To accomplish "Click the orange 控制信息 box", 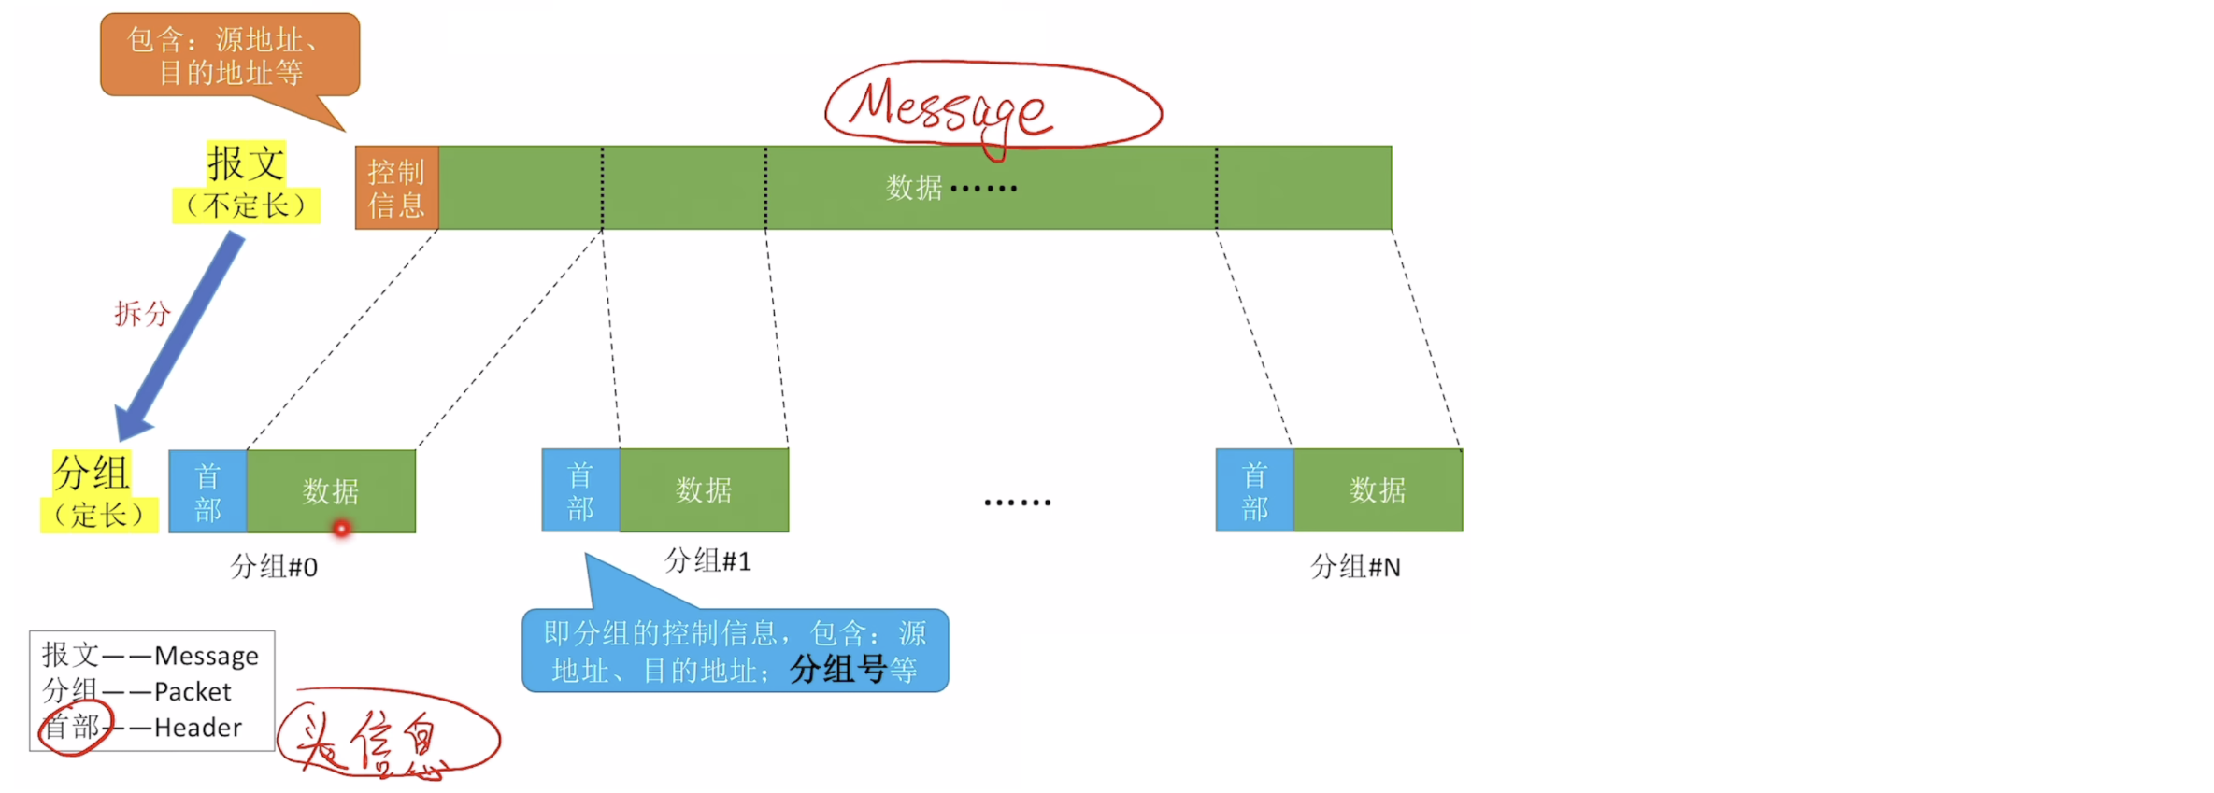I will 396,188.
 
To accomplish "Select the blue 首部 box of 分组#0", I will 207,491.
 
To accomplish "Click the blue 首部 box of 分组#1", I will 580,490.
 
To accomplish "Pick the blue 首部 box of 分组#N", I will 1254,490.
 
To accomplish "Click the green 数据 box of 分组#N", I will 1378,490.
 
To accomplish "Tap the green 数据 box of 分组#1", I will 704,490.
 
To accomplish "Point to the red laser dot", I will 342,529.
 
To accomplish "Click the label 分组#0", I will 274,567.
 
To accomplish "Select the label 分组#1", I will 707,561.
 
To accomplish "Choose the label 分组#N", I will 1355,567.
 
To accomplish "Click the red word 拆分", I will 142,314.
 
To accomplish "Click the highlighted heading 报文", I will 246,163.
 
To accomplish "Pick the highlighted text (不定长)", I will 246,205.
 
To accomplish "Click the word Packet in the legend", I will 192,692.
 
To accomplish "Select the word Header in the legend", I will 197,728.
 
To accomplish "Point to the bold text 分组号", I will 837,670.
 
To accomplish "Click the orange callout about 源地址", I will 229,56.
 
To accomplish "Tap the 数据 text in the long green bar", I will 914,188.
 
